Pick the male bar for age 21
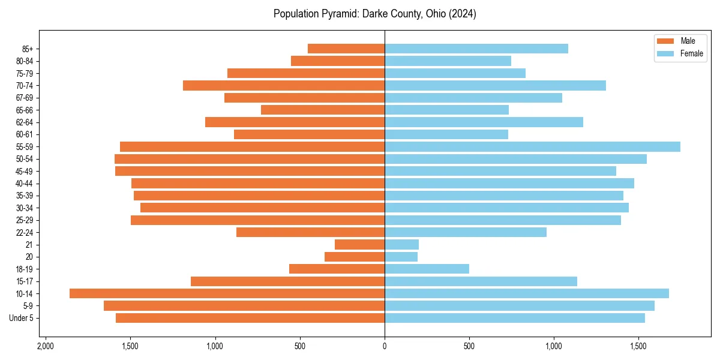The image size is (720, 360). pyautogui.click(x=359, y=244)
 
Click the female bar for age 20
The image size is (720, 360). pyautogui.click(x=401, y=257)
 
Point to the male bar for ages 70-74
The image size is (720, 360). pyautogui.click(x=283, y=85)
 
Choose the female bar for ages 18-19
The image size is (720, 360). pyautogui.click(x=427, y=269)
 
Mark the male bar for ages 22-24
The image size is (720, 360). pyautogui.click(x=310, y=232)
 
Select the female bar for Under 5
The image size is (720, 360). pyautogui.click(x=514, y=318)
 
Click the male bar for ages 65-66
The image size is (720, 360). pyautogui.click(x=322, y=110)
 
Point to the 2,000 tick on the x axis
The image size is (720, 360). pyautogui.click(x=45, y=346)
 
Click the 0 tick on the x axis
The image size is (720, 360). pyautogui.click(x=385, y=346)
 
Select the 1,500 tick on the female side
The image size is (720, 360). pyautogui.click(x=638, y=346)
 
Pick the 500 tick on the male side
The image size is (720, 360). pyautogui.click(x=300, y=346)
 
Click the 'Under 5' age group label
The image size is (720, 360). pyautogui.click(x=21, y=318)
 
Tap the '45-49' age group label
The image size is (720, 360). pyautogui.click(x=25, y=171)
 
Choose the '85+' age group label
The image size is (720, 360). pyautogui.click(x=26, y=49)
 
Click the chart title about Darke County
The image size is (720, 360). pyautogui.click(x=374, y=14)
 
